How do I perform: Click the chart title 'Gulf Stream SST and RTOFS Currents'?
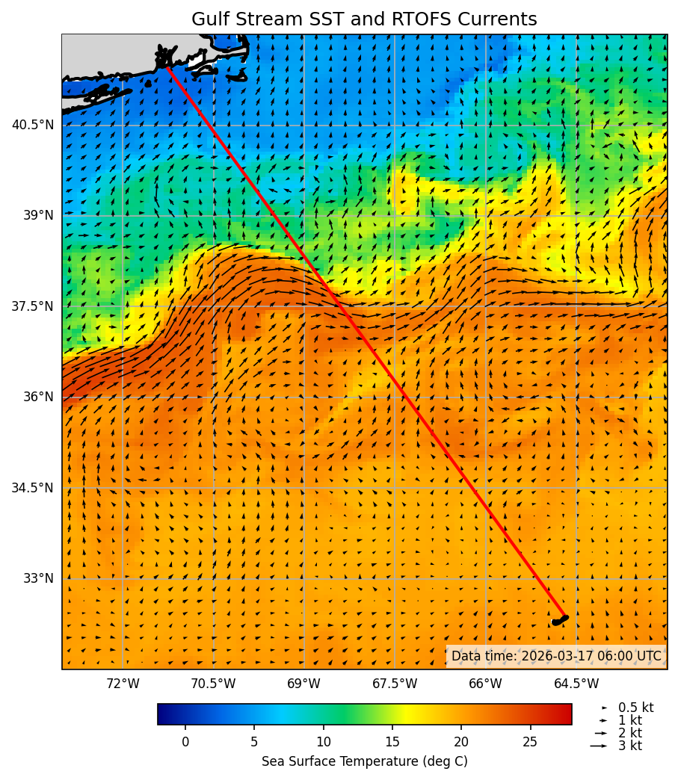click(x=364, y=19)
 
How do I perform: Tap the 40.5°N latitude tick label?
click(x=33, y=125)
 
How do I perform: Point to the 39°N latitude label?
click(x=37, y=215)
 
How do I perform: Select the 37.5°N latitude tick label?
click(x=33, y=306)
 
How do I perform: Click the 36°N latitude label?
click(x=37, y=397)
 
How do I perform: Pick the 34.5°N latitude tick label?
click(x=33, y=488)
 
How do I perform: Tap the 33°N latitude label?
click(x=37, y=578)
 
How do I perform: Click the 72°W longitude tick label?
click(x=123, y=684)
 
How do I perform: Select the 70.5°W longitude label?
click(x=213, y=684)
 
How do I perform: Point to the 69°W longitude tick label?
click(x=303, y=684)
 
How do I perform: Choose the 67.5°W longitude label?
click(x=395, y=684)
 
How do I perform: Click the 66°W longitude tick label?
click(x=485, y=684)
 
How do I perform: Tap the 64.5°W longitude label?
click(x=576, y=684)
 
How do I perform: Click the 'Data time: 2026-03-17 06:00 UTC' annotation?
click(x=556, y=656)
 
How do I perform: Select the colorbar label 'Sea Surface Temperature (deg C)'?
click(x=364, y=761)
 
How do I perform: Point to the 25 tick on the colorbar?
click(x=530, y=742)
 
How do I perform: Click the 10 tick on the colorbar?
click(x=323, y=742)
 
